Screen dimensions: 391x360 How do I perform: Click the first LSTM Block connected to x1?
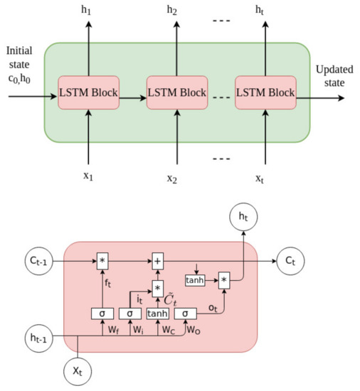pyautogui.click(x=90, y=92)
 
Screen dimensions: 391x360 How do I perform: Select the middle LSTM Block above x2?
pyautogui.click(x=176, y=92)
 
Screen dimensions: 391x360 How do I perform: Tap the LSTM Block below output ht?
pyautogui.click(x=265, y=92)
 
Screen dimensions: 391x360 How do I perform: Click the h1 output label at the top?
pyautogui.click(x=90, y=11)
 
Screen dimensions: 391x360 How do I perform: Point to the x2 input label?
pyautogui.click(x=172, y=178)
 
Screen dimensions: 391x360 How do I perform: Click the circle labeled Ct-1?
pyautogui.click(x=32, y=261)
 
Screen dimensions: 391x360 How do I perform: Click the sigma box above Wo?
pyautogui.click(x=184, y=313)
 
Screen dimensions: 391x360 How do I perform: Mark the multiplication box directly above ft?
pyautogui.click(x=102, y=262)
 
